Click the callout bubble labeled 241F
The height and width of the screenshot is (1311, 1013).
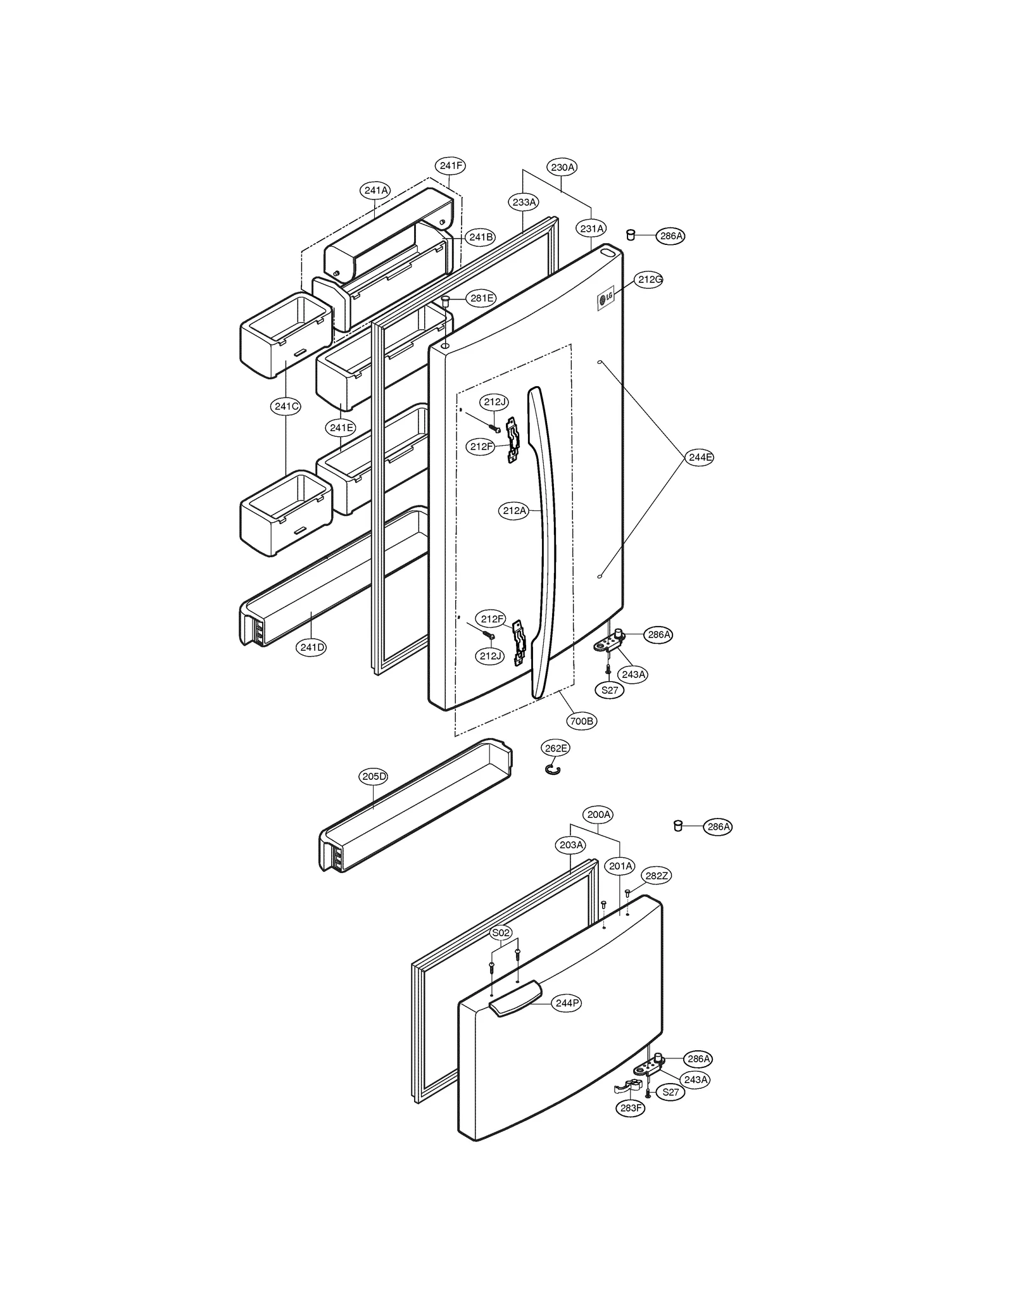pos(451,166)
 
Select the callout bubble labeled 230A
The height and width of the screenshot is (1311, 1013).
pos(562,168)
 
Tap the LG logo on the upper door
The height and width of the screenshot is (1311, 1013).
pos(606,298)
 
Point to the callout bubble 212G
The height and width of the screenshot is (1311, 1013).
pos(649,279)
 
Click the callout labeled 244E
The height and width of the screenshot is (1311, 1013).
pos(700,457)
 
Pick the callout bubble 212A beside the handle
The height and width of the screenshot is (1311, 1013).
pos(513,511)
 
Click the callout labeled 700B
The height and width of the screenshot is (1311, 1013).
pos(581,721)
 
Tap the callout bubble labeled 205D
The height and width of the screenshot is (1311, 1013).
pos(374,777)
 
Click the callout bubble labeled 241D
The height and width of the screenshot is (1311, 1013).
pos(312,648)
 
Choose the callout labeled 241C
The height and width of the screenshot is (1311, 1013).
pos(286,406)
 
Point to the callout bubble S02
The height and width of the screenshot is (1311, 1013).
pos(501,933)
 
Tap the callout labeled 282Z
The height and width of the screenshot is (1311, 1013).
pos(656,876)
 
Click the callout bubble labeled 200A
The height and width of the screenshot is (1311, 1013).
pos(598,815)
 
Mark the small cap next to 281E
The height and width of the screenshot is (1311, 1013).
pos(446,299)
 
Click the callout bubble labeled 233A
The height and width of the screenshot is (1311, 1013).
pos(524,203)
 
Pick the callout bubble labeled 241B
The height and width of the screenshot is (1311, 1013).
pos(481,237)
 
